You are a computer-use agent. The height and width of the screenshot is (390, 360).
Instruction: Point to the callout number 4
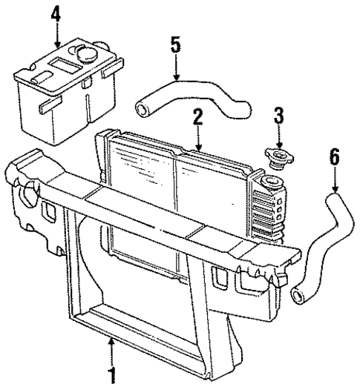click(56, 14)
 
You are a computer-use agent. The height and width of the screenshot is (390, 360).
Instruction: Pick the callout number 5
click(175, 45)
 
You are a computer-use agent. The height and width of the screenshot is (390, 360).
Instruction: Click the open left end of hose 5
click(143, 110)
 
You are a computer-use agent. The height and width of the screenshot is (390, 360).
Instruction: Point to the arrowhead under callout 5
click(176, 78)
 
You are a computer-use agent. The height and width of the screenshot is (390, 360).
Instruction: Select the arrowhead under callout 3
click(278, 145)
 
